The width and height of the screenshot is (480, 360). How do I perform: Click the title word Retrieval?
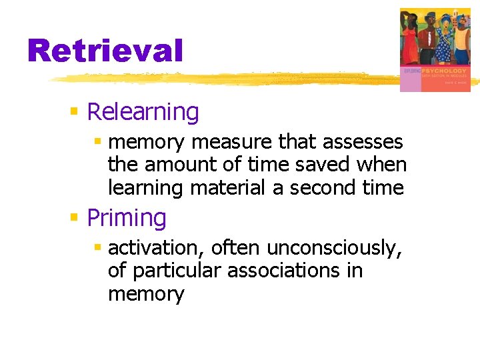pos(105,51)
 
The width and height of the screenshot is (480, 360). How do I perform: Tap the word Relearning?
pos(143,112)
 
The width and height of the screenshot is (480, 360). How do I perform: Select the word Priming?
pos(127,218)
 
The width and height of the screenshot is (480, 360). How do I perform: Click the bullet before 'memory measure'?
pos(97,141)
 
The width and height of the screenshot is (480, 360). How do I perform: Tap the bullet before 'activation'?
pos(97,247)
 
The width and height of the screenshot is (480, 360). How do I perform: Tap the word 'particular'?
pos(177,271)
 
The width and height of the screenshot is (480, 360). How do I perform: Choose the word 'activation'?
pos(155,248)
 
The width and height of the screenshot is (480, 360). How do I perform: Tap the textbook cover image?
pos(434,49)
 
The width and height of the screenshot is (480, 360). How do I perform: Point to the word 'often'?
pos(237,248)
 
